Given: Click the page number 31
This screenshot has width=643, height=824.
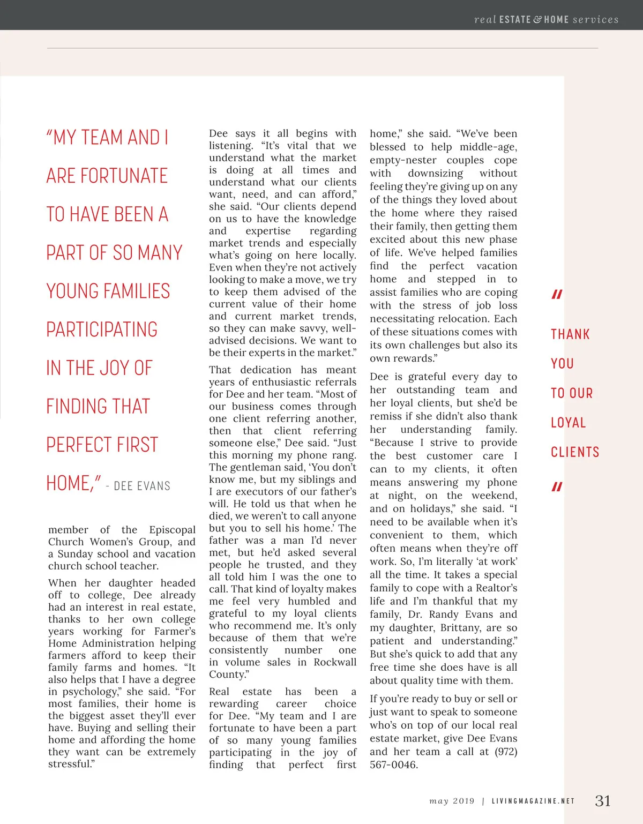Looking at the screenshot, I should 603,800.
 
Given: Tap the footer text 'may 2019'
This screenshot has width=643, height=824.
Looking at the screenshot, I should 452,801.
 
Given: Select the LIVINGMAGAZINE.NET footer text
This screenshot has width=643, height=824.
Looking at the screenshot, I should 533,801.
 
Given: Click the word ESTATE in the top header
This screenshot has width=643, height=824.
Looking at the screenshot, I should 514,20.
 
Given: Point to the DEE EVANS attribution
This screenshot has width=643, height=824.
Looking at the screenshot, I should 142,486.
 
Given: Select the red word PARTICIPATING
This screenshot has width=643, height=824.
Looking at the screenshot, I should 102,329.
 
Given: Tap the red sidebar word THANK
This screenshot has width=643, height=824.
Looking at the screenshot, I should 570,334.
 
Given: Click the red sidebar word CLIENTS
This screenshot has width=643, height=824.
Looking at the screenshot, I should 575,452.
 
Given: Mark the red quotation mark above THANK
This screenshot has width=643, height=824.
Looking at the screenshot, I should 557,294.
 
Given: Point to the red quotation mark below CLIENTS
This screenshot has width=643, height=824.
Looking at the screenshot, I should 557,486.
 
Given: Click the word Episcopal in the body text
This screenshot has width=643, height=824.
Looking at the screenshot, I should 172,529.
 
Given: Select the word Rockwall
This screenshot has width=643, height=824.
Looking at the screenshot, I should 335,662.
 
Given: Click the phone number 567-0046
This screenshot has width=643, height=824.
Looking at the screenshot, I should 393,765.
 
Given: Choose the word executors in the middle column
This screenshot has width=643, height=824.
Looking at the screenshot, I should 252,491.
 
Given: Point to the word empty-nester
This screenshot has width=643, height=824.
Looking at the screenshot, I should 403,160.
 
